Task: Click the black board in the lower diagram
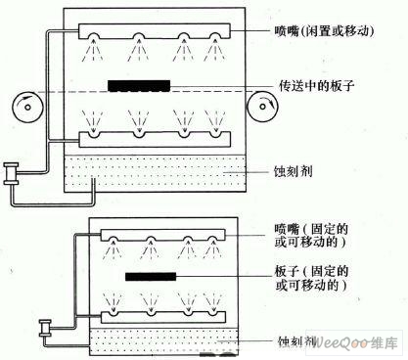(151, 278)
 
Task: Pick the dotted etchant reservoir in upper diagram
(157, 175)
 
